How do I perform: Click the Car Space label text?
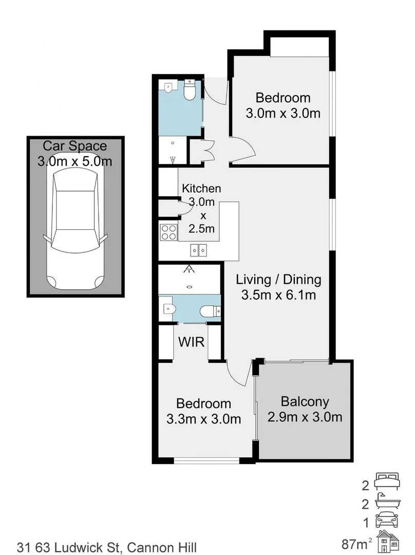(75, 145)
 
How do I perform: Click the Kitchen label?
(201, 189)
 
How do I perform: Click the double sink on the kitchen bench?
(199, 250)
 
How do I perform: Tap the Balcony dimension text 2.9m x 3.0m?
(305, 417)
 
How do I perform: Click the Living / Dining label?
(278, 280)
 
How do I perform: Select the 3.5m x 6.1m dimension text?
(278, 295)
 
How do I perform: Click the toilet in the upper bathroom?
(189, 91)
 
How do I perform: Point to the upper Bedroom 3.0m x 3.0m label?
(283, 105)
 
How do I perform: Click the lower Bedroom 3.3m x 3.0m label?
(204, 412)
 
